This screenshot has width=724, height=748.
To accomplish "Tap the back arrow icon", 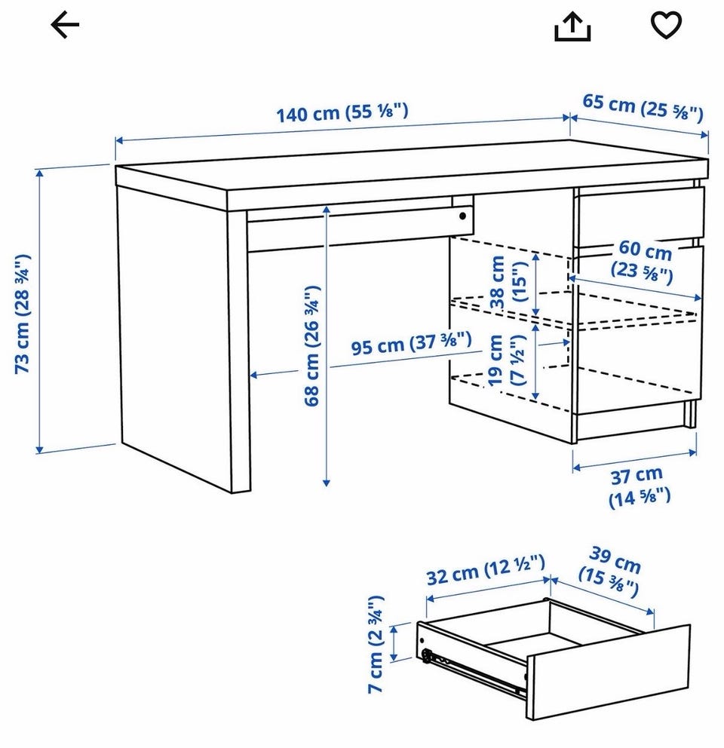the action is pos(65,25).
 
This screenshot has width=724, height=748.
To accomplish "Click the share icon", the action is pos(572,26).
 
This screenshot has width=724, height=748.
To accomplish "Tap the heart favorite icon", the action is pos(666,26).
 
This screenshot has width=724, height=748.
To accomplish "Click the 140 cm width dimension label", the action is pos(342,113).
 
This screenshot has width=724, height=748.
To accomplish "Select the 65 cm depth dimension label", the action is pos(643,108).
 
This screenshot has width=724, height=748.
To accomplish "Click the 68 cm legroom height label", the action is pos(311,346).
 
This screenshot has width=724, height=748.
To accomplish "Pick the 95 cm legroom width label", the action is pos(411,343).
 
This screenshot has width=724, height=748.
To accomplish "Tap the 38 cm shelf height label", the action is pos(508,281).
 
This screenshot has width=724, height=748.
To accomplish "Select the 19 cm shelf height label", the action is pos(506,360).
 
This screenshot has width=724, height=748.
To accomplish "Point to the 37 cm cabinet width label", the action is pos(639,486).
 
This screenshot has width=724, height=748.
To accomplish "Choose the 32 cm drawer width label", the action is pos(486,569).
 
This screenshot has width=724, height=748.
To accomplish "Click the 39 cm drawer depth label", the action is pos(611,572).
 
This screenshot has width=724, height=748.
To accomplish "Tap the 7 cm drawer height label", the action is pos(376,644).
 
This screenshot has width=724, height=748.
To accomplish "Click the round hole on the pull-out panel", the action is pos(462,216).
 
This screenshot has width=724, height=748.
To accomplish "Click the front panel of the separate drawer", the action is pos(609,672).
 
